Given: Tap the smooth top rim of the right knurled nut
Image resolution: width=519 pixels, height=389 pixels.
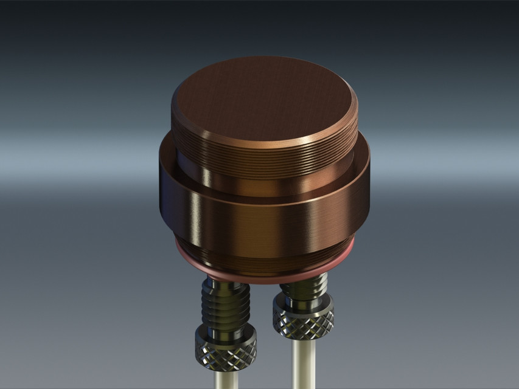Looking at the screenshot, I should coord(303,300).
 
